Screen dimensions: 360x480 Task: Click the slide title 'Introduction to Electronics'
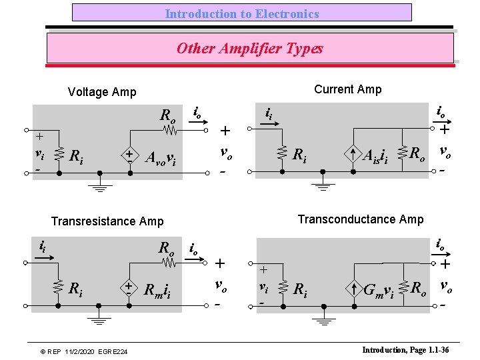[x=242, y=13]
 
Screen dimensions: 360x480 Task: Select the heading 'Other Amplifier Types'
[x=250, y=49]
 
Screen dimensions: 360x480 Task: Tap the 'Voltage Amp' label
[x=102, y=93]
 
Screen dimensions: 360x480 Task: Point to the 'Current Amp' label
[x=347, y=89]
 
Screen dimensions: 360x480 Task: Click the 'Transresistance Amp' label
[x=107, y=221]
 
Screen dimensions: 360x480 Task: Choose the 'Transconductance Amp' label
[x=361, y=219]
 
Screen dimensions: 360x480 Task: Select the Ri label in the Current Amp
[x=301, y=155]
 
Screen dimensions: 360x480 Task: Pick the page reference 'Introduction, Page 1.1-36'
[x=405, y=350]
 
